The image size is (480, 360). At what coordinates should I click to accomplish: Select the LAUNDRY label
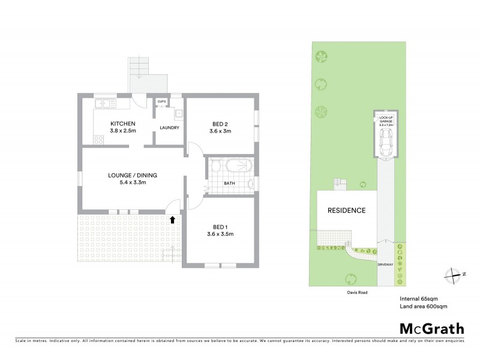pyautogui.click(x=169, y=127)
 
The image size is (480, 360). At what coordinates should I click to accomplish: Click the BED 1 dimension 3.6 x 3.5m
pyautogui.click(x=221, y=234)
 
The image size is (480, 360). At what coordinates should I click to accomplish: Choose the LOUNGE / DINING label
pyautogui.click(x=132, y=175)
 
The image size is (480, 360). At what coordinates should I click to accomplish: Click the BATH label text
pyautogui.click(x=229, y=184)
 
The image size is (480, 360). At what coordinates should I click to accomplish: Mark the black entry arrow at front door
pyautogui.click(x=173, y=220)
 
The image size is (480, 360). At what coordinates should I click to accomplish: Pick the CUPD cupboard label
pyautogui.click(x=161, y=102)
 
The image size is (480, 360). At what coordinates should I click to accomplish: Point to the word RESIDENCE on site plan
pyautogui.click(x=346, y=211)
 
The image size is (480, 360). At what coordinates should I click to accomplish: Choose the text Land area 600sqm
pyautogui.click(x=423, y=306)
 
